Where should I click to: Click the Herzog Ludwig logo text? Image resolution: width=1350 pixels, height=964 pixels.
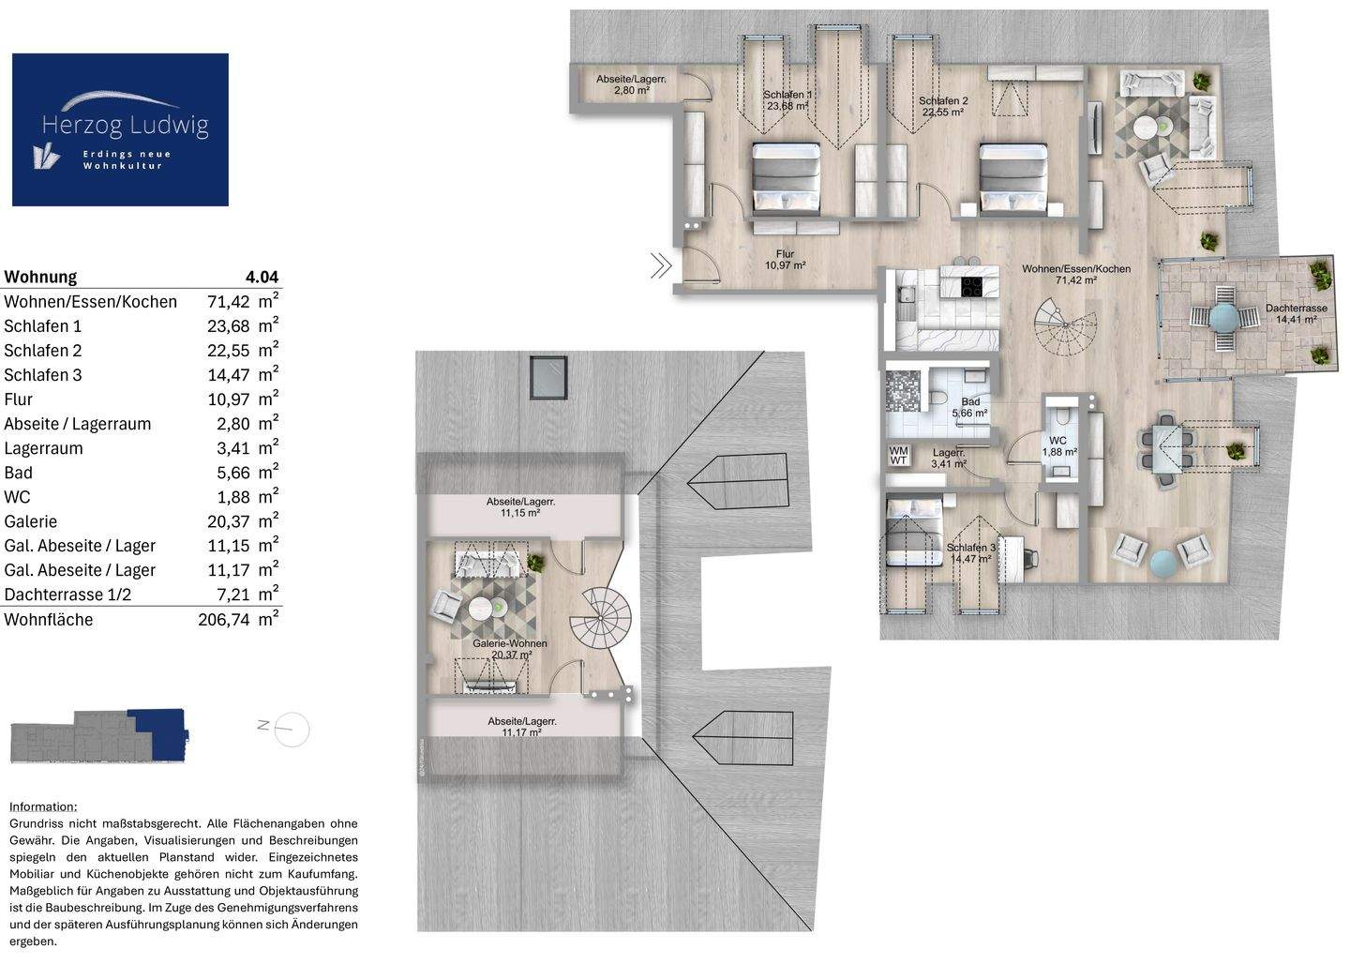coord(126,126)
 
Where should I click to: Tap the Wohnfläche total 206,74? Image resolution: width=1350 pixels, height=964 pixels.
coord(223,620)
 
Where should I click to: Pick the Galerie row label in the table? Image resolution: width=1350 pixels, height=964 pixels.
coord(31,521)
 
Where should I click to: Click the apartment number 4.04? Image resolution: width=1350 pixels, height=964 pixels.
coord(262,277)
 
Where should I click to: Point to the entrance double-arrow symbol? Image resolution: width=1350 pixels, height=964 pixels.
coord(661,265)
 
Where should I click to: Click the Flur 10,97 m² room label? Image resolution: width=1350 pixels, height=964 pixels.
coord(786,260)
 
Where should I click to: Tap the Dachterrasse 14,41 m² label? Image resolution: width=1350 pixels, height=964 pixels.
coord(1296,313)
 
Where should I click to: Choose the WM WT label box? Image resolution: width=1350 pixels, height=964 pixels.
coord(898,455)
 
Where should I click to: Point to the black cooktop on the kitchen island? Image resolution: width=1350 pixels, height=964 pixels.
coord(972,286)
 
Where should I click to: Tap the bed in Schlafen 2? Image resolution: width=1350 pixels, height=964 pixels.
coord(1012,178)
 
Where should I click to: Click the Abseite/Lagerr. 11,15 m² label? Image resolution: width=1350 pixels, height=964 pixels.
coord(520,507)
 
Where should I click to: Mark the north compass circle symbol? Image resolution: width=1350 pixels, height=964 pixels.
coord(292,730)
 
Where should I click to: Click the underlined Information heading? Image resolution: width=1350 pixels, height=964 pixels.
coord(43,806)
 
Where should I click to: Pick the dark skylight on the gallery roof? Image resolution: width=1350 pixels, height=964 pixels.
coord(548,377)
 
